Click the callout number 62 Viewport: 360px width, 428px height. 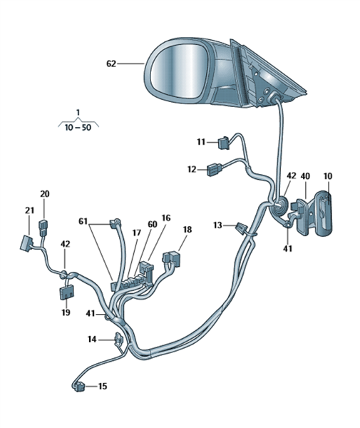[111, 64]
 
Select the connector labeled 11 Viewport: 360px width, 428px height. [224, 143]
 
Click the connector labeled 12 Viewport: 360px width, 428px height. [215, 170]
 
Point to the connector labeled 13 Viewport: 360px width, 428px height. [242, 228]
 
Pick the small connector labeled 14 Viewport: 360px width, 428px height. [119, 340]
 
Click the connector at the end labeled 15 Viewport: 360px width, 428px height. [79, 387]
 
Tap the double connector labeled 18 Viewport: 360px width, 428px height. [172, 258]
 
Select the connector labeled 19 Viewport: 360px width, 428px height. [66, 292]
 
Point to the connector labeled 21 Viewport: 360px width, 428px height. [26, 243]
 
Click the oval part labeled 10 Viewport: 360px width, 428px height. [324, 213]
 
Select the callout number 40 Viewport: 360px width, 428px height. [305, 176]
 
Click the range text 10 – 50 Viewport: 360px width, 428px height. [78, 127]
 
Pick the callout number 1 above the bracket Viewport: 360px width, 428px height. [78, 112]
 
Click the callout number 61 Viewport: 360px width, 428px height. [83, 221]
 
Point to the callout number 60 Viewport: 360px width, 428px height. [153, 224]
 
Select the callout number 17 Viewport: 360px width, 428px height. [137, 233]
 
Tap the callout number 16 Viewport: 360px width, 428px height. [166, 218]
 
